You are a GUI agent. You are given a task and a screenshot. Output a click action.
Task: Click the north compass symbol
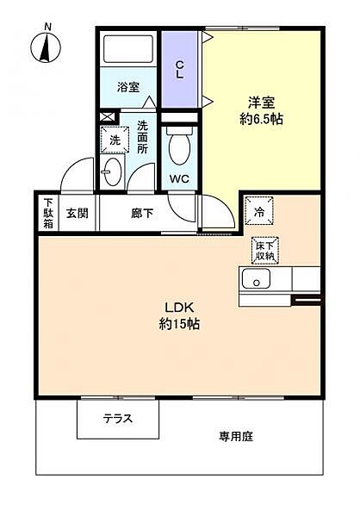(x=46, y=45)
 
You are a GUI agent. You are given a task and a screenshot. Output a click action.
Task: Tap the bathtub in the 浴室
(x=128, y=49)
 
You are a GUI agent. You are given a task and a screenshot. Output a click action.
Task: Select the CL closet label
(x=179, y=69)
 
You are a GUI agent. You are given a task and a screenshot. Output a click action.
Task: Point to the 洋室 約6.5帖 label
(x=261, y=111)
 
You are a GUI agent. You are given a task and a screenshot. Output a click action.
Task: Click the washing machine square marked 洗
(x=115, y=140)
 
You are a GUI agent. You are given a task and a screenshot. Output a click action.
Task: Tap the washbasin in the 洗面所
(x=111, y=171)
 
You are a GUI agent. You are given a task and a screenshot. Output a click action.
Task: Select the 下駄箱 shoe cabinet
(x=48, y=213)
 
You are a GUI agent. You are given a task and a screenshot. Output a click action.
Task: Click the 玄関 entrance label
(x=78, y=213)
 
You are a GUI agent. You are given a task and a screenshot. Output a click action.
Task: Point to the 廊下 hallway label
(x=142, y=213)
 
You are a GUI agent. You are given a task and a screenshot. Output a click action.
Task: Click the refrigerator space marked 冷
(x=259, y=211)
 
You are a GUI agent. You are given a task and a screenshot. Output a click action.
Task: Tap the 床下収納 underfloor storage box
(x=265, y=251)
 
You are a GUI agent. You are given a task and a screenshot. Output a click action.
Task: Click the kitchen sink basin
(x=256, y=278)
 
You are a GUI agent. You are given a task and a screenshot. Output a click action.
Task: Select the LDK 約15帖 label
(x=179, y=316)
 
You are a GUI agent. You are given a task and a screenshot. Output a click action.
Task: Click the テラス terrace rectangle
(x=118, y=419)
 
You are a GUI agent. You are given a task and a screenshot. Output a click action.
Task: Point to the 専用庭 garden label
(x=236, y=437)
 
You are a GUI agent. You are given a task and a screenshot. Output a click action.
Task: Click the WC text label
(x=179, y=178)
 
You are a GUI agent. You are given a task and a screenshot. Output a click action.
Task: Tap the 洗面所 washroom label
(x=142, y=137)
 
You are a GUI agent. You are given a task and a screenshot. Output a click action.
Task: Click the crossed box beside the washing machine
(x=108, y=116)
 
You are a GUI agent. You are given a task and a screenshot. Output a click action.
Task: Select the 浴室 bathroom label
(x=128, y=87)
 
